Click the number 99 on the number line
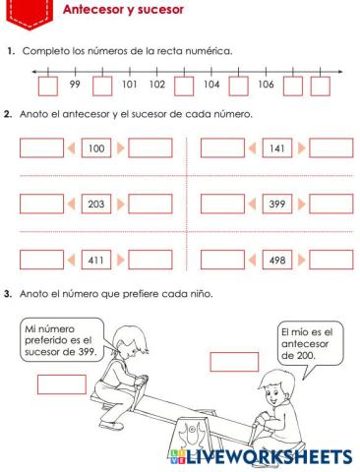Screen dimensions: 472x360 pyautogui.click(x=75, y=86)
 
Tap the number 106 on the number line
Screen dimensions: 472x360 pyautogui.click(x=267, y=86)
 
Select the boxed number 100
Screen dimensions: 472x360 pyautogui.click(x=96, y=148)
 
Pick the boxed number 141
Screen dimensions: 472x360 pyautogui.click(x=277, y=148)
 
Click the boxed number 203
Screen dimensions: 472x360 pyautogui.click(x=96, y=205)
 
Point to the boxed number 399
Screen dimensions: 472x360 pyautogui.click(x=277, y=205)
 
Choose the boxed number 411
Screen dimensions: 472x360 pyautogui.click(x=96, y=262)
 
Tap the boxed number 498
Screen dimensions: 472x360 pyautogui.click(x=277, y=262)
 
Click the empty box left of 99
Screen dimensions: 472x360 pyautogui.click(x=47, y=86)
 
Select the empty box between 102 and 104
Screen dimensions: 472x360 pyautogui.click(x=184, y=86)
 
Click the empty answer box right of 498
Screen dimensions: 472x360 pyautogui.click(x=330, y=262)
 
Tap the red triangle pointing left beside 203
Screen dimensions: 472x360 pyautogui.click(x=73, y=205)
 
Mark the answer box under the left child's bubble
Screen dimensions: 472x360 pyautogui.click(x=61, y=383)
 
